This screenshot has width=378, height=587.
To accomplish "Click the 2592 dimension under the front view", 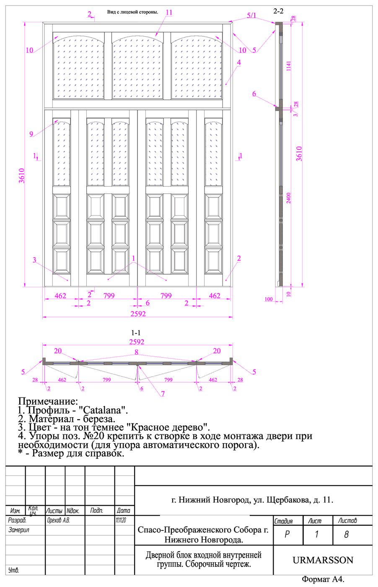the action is pyautogui.click(x=138, y=314).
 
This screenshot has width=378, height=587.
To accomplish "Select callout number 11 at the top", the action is pyautogui.click(x=169, y=12).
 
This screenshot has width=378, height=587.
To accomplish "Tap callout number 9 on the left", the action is pyautogui.click(x=31, y=134).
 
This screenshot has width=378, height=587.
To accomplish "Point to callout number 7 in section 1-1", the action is pyautogui.click(x=163, y=394).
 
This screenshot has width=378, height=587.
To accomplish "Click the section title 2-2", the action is pyautogui.click(x=278, y=11).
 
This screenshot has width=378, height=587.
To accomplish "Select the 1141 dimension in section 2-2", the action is pyautogui.click(x=288, y=66).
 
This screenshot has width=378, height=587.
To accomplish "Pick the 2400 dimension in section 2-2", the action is pyautogui.click(x=288, y=198).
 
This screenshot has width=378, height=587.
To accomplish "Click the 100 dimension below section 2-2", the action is pyautogui.click(x=269, y=299).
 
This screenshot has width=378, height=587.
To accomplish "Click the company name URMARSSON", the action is pyautogui.click(x=323, y=560).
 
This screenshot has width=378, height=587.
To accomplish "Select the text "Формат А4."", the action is pyautogui.click(x=323, y=579).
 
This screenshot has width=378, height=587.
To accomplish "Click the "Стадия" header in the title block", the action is pyautogui.click(x=283, y=521).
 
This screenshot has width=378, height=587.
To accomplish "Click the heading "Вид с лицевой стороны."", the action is pyautogui.click(x=132, y=12).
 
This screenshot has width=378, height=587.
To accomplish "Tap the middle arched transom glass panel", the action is pyautogui.click(x=137, y=68).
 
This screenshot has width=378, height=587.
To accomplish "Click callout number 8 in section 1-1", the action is pyautogui.click(x=136, y=352).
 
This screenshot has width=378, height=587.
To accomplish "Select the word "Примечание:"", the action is pyautogui.click(x=48, y=401).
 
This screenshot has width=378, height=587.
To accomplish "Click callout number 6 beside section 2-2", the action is pyautogui.click(x=254, y=94).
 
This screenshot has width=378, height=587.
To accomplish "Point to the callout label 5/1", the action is pyautogui.click(x=251, y=16).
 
